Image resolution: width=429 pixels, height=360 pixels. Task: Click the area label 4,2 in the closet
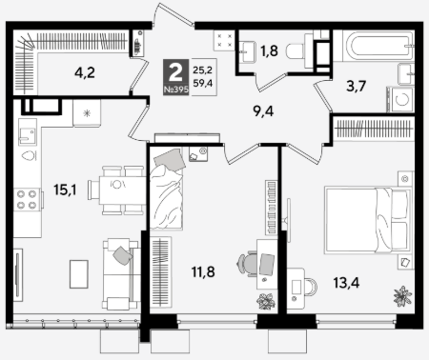(x=85, y=73)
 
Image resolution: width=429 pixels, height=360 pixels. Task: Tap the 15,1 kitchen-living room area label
(x=65, y=190)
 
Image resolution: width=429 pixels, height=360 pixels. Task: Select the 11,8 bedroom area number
(x=203, y=271)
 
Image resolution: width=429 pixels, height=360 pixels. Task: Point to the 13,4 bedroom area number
(x=346, y=283)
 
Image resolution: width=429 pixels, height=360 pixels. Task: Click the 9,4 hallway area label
(x=263, y=111)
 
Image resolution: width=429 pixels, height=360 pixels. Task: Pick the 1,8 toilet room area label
(x=269, y=50)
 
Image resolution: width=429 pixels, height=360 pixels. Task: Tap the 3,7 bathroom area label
(x=357, y=86)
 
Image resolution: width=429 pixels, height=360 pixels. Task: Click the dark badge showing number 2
(x=175, y=77)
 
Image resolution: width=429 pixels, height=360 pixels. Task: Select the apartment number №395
(x=176, y=90)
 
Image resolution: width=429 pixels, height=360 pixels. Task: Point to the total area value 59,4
(x=203, y=84)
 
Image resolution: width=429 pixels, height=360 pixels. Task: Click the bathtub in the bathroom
(x=378, y=46)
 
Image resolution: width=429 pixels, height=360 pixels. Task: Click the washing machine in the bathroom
(x=400, y=99)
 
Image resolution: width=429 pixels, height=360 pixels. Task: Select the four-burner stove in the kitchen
(x=28, y=199)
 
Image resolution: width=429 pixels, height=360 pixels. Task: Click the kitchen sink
(x=28, y=131)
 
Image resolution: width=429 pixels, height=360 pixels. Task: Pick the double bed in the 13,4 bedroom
(x=368, y=221)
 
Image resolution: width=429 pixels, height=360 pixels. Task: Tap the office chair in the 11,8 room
(x=246, y=265)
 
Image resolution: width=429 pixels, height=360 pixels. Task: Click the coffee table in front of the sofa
(x=79, y=274)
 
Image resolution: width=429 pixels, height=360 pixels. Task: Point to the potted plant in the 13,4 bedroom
(x=402, y=296)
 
